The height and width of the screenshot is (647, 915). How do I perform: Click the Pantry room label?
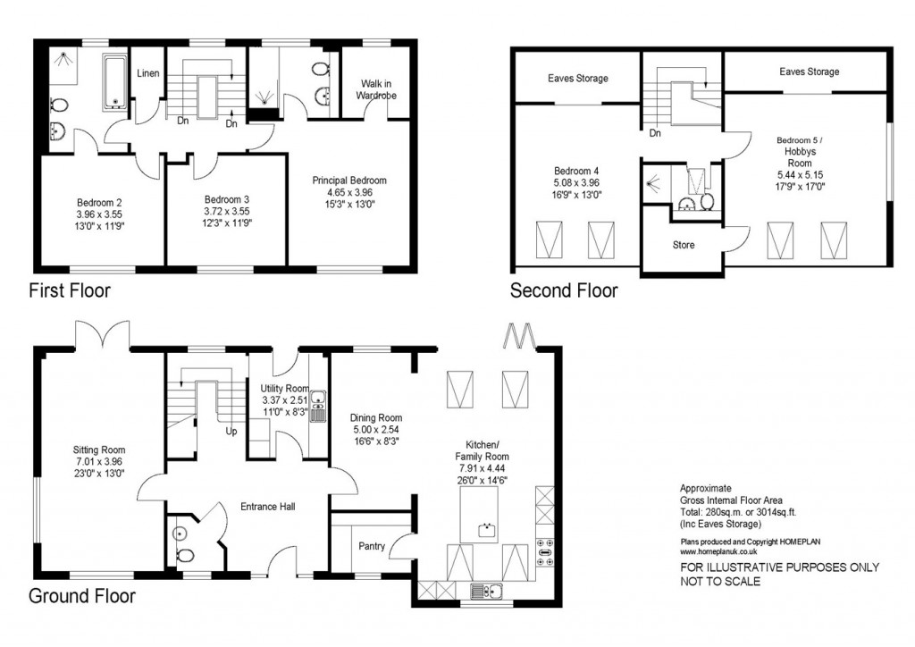(x=371, y=546)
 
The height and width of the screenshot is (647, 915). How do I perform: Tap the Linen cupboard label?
(x=147, y=73)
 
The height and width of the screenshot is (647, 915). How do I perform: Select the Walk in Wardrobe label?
(x=376, y=89)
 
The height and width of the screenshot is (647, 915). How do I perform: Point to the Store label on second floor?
(x=684, y=245)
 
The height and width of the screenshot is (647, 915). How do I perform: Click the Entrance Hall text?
(x=268, y=507)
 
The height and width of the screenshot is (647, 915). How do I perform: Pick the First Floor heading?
(x=70, y=290)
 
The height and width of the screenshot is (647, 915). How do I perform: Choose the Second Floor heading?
(x=564, y=290)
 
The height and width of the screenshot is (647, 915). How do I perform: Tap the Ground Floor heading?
(x=81, y=596)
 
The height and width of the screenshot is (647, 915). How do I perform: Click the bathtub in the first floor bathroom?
(x=115, y=83)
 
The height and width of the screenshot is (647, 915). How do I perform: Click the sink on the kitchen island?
(x=487, y=530)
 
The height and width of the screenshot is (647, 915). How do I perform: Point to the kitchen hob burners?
(x=544, y=552)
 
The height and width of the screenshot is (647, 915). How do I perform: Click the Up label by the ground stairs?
(x=231, y=432)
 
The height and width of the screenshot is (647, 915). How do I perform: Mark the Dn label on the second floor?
(x=655, y=133)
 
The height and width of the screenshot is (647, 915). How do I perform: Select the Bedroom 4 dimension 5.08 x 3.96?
(x=576, y=182)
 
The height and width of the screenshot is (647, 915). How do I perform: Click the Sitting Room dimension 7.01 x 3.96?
(x=98, y=461)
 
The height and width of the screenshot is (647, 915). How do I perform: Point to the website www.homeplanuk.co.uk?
(x=719, y=551)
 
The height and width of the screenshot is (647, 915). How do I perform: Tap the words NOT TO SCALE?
(x=720, y=582)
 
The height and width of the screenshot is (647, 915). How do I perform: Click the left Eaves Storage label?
(x=578, y=78)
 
